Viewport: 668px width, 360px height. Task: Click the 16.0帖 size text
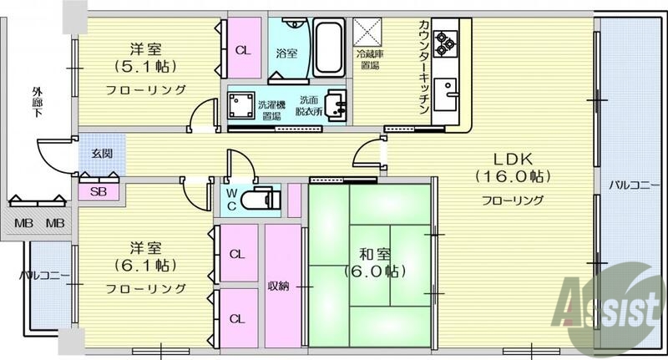(512, 177)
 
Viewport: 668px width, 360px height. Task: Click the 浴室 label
(286, 53)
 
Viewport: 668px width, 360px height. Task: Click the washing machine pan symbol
(243, 107)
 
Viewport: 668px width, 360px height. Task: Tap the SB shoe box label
(99, 191)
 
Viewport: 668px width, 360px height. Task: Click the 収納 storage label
(278, 286)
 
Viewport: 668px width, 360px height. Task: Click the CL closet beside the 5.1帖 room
(243, 50)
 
